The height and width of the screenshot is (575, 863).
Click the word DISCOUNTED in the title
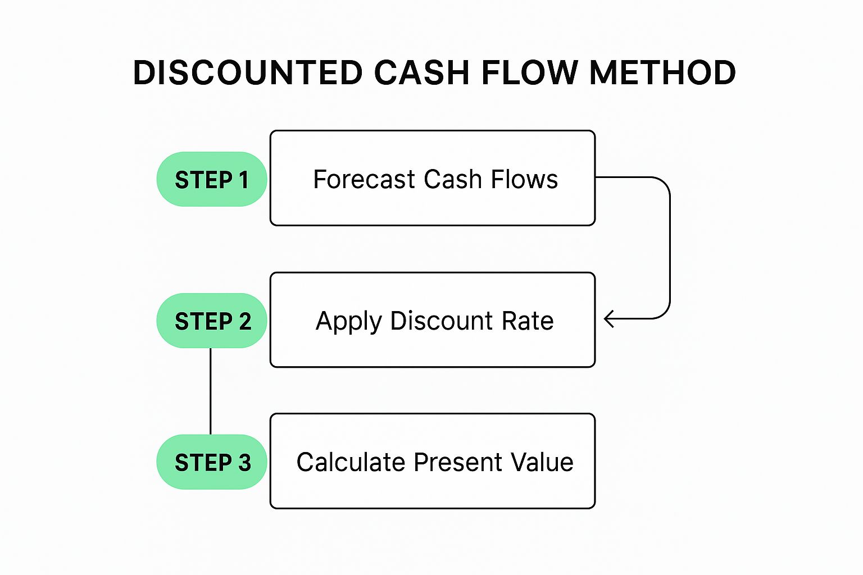[248, 72]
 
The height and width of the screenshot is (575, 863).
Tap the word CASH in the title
[422, 72]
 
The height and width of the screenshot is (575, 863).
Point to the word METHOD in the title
[662, 72]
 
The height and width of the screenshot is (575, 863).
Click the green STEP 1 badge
[211, 179]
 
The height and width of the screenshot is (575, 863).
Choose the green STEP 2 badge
[211, 321]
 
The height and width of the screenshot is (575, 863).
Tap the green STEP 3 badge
[211, 462]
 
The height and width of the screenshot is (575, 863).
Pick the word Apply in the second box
[348, 322]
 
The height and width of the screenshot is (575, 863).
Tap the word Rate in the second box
[528, 321]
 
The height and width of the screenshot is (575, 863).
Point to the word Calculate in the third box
[351, 462]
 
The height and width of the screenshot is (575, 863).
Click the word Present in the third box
[458, 462]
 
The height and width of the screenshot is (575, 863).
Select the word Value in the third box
[542, 462]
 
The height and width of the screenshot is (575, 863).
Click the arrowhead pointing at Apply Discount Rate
[608, 319]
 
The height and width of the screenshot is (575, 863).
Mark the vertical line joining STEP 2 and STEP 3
[210, 391]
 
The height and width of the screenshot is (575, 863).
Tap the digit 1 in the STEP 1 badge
[243, 180]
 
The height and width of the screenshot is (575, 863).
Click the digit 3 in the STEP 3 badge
[244, 463]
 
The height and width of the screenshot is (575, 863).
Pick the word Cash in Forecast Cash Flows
[453, 179]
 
